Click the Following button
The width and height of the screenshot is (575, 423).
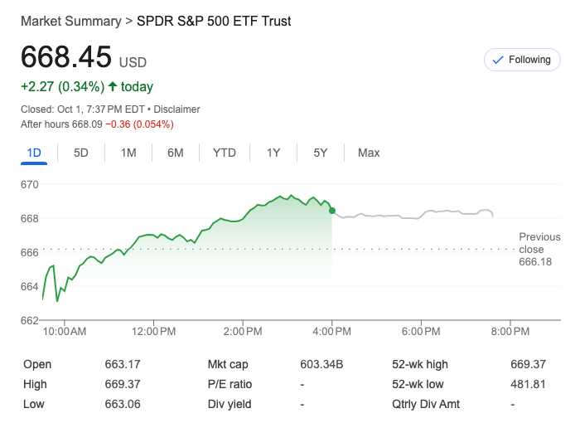pos(522,60)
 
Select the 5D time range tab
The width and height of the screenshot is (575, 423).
pos(81,153)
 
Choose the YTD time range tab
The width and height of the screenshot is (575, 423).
pos(224,153)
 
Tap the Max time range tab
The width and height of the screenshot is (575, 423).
pos(369,153)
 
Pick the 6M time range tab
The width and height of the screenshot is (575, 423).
pos(175,153)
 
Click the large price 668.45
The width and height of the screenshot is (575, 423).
pos(66,57)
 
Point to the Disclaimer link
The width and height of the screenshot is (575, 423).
pos(176,109)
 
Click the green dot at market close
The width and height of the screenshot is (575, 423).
pos(332,211)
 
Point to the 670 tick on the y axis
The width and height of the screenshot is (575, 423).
pos(30,184)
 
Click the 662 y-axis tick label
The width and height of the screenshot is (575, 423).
pos(30,320)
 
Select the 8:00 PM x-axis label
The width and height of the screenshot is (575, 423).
pos(510,332)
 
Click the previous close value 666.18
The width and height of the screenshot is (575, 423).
pos(535,262)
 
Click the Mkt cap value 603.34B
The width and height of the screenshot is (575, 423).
pos(321,364)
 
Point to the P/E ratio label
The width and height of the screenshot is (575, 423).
pos(230,384)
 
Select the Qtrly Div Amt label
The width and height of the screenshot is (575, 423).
pos(426,404)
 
